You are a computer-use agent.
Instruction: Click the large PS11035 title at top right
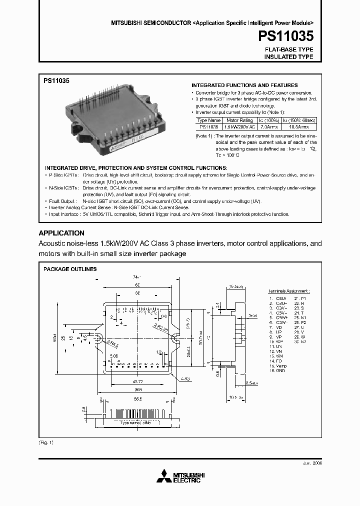pyautogui.click(x=286, y=37)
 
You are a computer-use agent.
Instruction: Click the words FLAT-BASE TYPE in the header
pyautogui.click(x=288, y=50)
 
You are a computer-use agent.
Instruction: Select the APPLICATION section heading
pyautogui.click(x=61, y=233)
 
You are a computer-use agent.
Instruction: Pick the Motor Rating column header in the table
pyautogui.click(x=239, y=120)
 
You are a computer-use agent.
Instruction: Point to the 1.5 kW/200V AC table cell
pyautogui.click(x=239, y=127)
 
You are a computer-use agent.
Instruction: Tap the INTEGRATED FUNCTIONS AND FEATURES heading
pyautogui.click(x=244, y=85)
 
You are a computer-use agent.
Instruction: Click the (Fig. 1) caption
pyautogui.click(x=46, y=443)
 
